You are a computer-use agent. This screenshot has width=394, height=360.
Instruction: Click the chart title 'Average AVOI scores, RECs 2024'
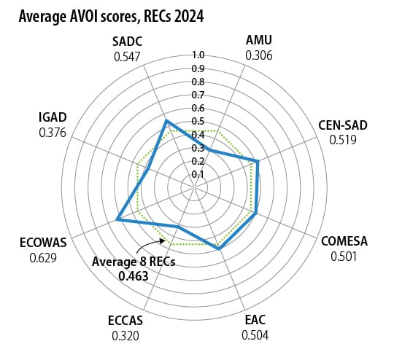(112, 17)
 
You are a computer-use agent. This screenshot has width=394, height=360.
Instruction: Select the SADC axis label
(127, 42)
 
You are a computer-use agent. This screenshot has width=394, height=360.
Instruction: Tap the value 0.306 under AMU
(259, 55)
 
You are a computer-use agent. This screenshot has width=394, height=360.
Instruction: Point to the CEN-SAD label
(343, 125)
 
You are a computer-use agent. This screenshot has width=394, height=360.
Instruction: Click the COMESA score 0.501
(344, 257)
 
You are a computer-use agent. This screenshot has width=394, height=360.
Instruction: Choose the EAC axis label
(255, 320)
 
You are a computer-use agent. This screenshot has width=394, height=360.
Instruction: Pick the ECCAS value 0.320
(125, 336)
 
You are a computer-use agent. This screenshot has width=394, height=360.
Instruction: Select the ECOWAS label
(43, 243)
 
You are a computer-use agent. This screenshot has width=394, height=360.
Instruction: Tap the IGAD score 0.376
(53, 133)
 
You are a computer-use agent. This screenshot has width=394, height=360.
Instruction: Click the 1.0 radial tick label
(198, 55)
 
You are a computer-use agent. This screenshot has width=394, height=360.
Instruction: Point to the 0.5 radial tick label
(198, 121)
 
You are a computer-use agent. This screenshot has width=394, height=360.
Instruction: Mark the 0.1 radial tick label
(198, 174)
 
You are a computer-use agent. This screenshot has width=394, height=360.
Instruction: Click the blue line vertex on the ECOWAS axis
(117, 219)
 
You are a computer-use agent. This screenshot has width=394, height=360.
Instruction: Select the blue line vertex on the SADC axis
(166, 121)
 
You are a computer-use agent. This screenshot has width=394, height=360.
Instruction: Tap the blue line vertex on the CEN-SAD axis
(258, 161)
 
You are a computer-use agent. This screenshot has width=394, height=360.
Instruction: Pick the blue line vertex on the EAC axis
(220, 249)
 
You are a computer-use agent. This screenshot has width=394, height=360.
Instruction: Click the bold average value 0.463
(134, 276)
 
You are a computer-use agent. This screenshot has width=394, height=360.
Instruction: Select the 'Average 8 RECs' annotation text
(134, 262)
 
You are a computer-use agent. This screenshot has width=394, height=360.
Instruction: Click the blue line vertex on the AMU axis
(209, 150)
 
